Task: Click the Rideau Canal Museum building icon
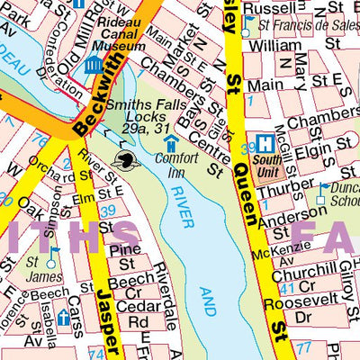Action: tap(93, 64)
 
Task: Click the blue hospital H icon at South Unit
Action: tap(265, 143)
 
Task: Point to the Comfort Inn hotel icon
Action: tap(170, 145)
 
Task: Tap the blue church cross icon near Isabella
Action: tap(63, 318)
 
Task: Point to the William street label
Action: tap(275, 44)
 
